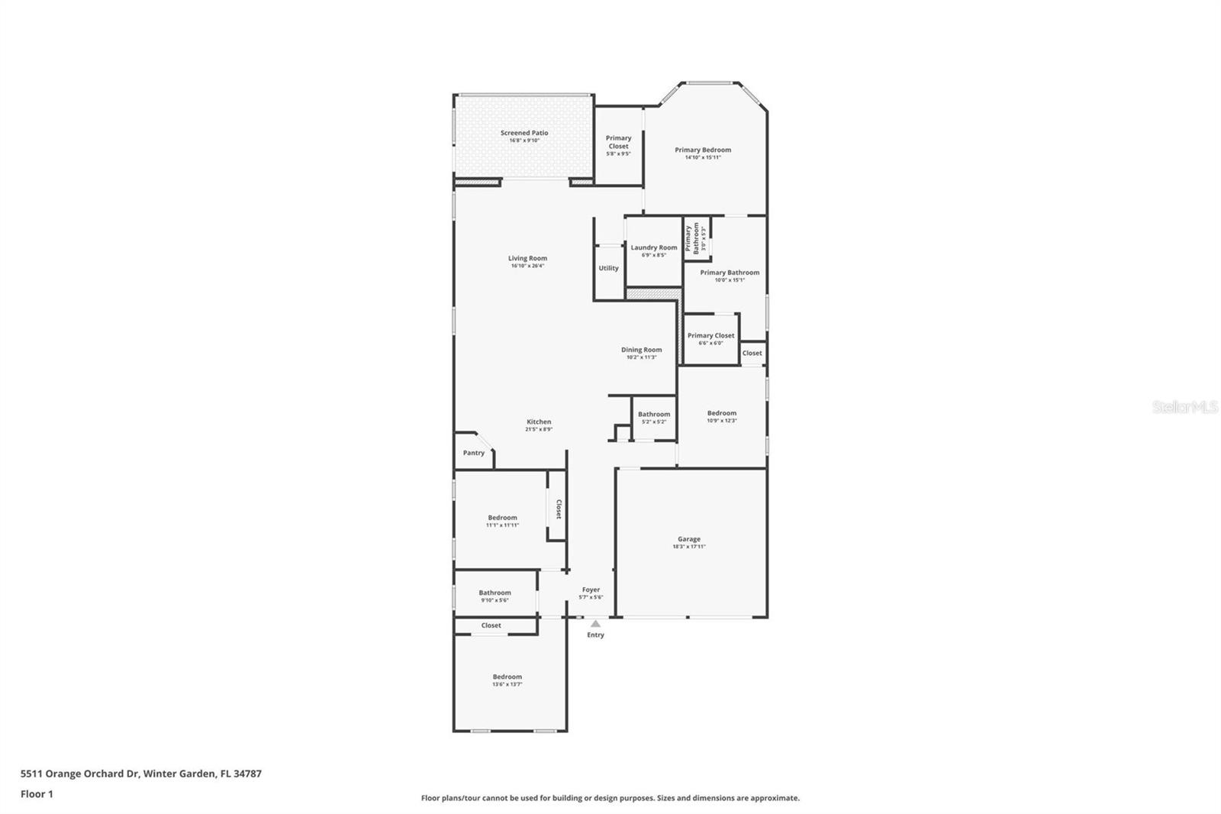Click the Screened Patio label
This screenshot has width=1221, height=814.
524,133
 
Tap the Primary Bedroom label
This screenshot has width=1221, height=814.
703,150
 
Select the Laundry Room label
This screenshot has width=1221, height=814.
654,247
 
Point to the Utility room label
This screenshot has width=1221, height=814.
609,268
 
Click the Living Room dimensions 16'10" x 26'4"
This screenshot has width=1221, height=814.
527,266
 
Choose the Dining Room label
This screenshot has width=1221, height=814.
641,350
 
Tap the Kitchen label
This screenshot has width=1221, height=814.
539,422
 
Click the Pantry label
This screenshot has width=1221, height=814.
474,453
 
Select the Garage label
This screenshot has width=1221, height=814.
689,539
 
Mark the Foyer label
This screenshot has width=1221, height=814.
591,590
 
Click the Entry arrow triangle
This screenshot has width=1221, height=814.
595,624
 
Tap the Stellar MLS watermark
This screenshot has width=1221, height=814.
1184,407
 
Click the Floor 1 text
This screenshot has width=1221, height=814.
37,794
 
